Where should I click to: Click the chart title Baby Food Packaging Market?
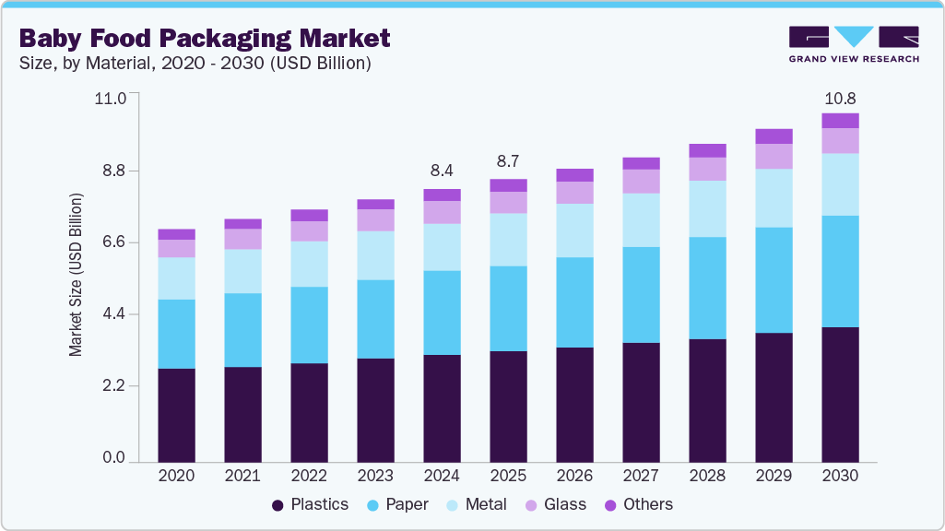[205, 38]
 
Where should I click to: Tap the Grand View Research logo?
[854, 43]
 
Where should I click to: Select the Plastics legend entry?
[310, 504]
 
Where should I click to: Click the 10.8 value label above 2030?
[840, 98]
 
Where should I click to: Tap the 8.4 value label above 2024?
[442, 171]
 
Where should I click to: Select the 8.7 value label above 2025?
[508, 161]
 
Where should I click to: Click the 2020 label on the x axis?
[176, 476]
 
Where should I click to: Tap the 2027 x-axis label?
[641, 476]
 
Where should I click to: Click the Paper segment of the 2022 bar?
[309, 324]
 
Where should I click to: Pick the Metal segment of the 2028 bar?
[707, 208]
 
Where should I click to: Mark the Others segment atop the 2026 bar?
[574, 175]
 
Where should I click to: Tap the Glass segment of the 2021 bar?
[242, 239]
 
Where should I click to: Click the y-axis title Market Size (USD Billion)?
[77, 275]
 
